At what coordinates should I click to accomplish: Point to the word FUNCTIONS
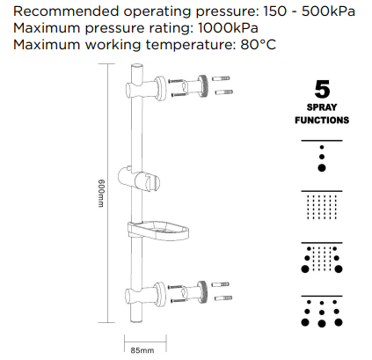click(322, 121)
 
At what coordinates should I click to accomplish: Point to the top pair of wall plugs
click(222, 85)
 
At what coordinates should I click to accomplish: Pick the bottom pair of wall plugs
click(222, 290)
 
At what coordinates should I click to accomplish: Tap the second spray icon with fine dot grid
click(322, 208)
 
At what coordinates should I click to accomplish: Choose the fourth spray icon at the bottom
click(322, 313)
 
